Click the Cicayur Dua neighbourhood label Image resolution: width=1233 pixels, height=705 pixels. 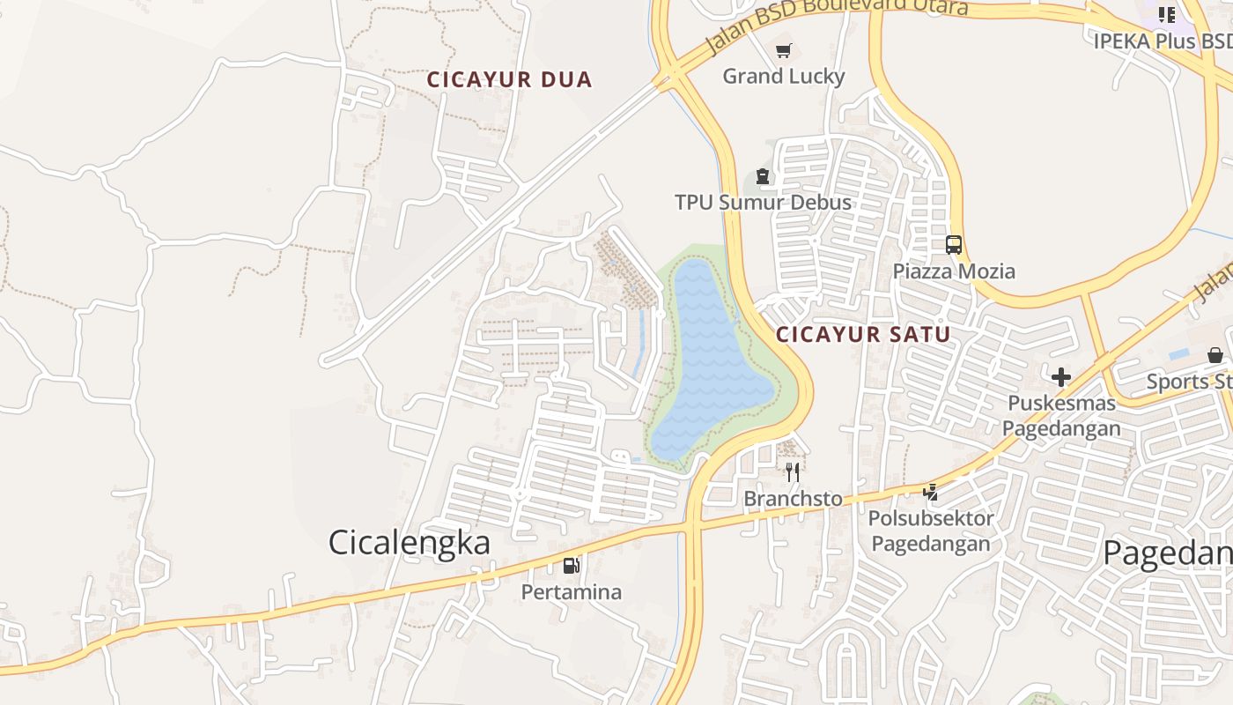pos(509,80)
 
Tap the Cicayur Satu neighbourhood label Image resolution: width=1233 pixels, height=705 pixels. pos(863,335)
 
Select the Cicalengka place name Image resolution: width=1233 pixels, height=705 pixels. pos(409,542)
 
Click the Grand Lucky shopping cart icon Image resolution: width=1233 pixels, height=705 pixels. pos(784,51)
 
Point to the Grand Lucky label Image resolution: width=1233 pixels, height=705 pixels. pos(784,77)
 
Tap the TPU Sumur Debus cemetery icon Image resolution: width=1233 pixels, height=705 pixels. pos(763,177)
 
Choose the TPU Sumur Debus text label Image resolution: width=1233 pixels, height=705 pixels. pos(763,203)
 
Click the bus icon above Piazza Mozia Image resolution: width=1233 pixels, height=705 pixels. pos(954,245)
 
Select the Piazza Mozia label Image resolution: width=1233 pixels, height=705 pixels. pos(954,271)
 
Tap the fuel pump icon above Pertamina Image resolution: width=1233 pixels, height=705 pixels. pos(572,566)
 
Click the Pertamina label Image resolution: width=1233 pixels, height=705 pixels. pos(572,592)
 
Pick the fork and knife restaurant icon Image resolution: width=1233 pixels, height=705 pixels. pos(793,472)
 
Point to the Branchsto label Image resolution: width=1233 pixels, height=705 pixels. pos(793,499)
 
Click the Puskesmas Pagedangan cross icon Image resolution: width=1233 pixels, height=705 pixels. pos(1061,377)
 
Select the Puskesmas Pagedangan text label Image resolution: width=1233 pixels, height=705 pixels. pos(1061,416)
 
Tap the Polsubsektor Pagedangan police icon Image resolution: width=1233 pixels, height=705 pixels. pos(930,493)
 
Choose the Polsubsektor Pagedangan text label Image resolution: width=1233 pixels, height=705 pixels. pos(930,531)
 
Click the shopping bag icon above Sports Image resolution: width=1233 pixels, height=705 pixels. pos(1215,355)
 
